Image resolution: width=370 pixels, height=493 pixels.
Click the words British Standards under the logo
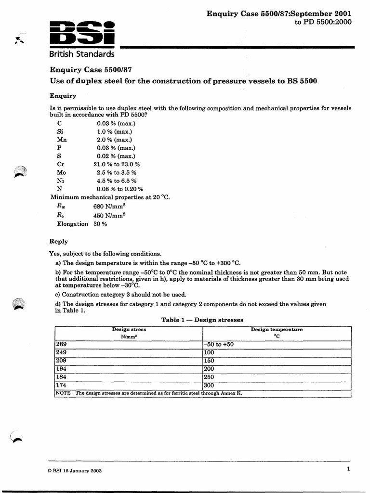(82, 53)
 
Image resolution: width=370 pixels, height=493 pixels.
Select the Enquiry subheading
(63, 96)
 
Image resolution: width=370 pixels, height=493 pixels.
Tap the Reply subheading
(59, 241)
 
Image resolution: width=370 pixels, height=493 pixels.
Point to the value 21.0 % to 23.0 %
(117, 164)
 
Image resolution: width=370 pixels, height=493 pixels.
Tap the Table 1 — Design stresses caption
(202, 320)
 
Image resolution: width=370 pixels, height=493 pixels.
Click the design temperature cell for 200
(210, 369)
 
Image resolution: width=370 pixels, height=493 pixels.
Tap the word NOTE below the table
(63, 393)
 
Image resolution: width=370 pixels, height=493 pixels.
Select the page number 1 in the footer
(348, 469)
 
